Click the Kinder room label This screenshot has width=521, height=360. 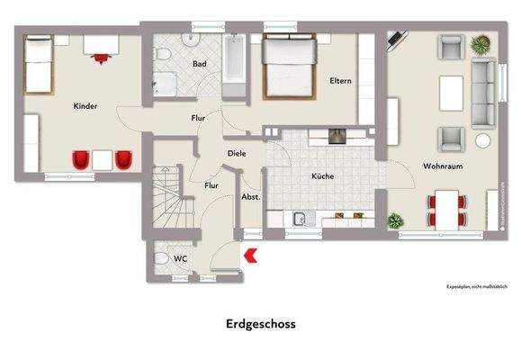[85, 106]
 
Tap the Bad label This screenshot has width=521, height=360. [200, 64]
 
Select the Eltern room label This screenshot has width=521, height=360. [339, 81]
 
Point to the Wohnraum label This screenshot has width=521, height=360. [442, 164]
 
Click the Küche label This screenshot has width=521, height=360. [323, 176]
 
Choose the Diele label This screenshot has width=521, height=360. [237, 153]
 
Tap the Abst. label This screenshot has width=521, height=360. [251, 196]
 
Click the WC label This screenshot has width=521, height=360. [181, 258]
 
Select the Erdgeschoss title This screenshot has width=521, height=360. [260, 321]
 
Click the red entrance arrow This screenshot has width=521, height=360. [251, 256]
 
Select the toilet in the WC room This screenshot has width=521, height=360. [162, 258]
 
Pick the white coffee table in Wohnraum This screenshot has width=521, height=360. [450, 90]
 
